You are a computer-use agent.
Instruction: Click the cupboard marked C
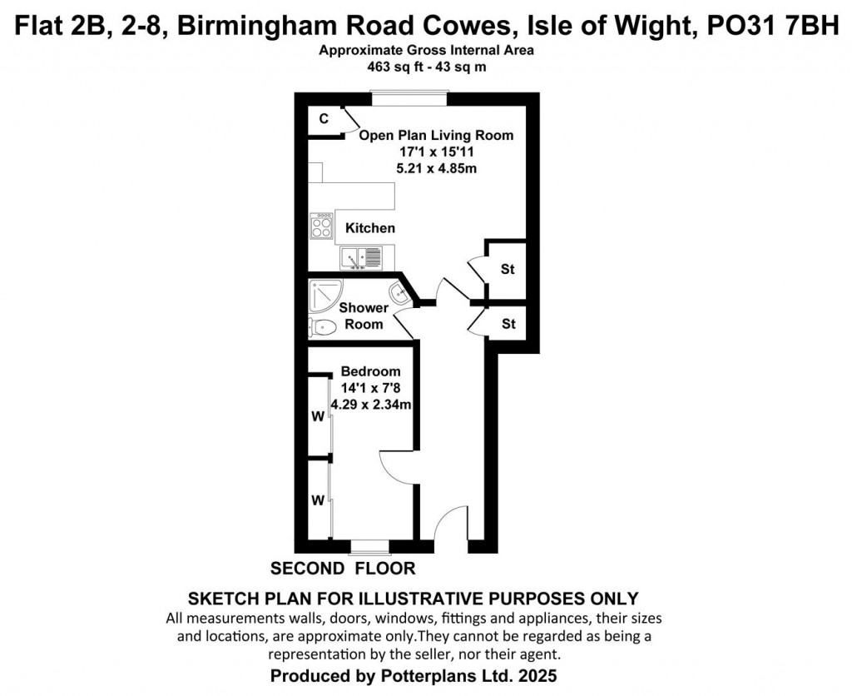324,119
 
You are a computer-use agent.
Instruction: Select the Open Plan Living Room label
436,135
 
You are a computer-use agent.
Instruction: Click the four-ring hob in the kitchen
321,226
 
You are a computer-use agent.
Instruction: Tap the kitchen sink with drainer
362,258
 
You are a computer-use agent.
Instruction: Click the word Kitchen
370,228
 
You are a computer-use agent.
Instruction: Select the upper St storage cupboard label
508,270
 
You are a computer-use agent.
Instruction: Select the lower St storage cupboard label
508,324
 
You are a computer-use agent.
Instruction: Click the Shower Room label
364,316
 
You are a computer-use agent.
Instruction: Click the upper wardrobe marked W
317,417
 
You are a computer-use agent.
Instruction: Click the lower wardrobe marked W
317,501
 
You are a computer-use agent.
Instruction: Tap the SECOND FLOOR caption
343,569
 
